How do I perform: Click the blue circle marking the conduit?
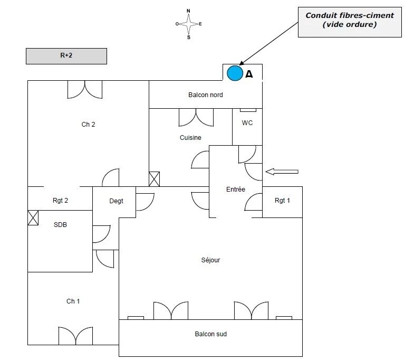[235, 73]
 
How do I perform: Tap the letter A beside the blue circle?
[249, 74]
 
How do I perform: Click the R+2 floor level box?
[66, 56]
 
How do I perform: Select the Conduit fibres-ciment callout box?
[350, 22]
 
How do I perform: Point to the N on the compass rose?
[188, 11]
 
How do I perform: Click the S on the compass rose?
[188, 37]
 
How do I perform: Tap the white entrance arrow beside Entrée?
[282, 172]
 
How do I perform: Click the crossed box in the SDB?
[33, 218]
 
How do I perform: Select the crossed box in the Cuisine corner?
[154, 179]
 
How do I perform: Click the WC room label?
[247, 123]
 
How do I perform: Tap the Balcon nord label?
[205, 95]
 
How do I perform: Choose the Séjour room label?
[210, 260]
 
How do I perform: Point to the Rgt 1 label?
[282, 201]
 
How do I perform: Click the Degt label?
[116, 201]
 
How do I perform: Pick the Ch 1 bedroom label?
[73, 301]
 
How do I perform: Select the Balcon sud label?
[211, 334]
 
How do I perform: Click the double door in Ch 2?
[85, 90]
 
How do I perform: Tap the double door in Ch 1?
[75, 336]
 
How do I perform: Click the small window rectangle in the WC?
[248, 110]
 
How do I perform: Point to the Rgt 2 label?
[60, 201]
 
